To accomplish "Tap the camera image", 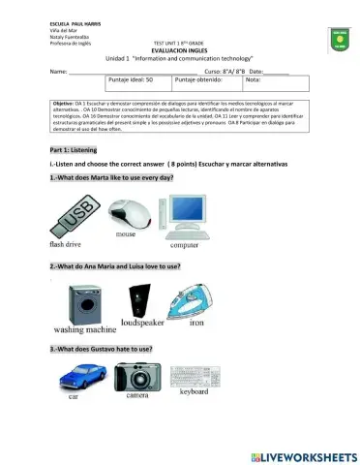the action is point(136,375).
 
